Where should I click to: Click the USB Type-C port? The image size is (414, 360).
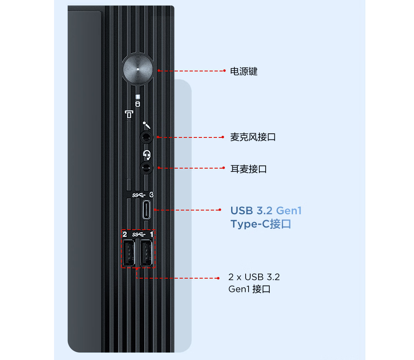click(147, 210)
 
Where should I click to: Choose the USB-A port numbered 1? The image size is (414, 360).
click(146, 253)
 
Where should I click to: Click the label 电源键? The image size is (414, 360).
click(244, 71)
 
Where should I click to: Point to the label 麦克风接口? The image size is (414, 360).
click(253, 137)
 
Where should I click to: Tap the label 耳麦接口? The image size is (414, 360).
click(249, 169)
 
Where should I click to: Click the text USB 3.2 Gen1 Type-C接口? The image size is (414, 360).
click(266, 218)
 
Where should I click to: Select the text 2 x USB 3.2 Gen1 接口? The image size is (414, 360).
click(254, 283)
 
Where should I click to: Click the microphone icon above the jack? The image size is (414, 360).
click(146, 125)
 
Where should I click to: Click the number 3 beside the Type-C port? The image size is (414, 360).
click(152, 195)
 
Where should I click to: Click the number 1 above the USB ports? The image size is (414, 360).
click(151, 235)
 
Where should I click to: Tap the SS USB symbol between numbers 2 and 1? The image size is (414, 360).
click(138, 235)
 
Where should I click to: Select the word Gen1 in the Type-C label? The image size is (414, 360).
click(288, 211)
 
